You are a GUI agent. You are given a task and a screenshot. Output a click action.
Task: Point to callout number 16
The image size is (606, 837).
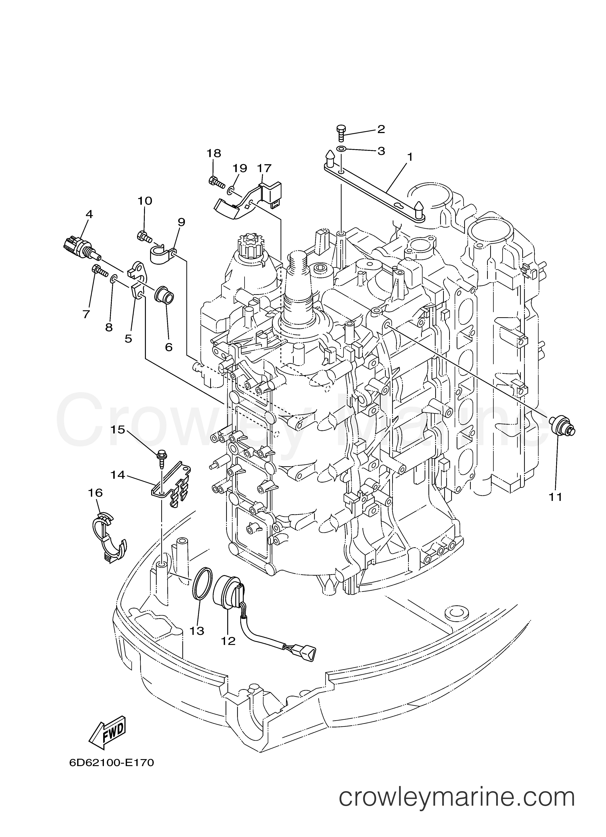point(96,493)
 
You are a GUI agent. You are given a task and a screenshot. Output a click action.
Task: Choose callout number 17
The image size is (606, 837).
point(264,168)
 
